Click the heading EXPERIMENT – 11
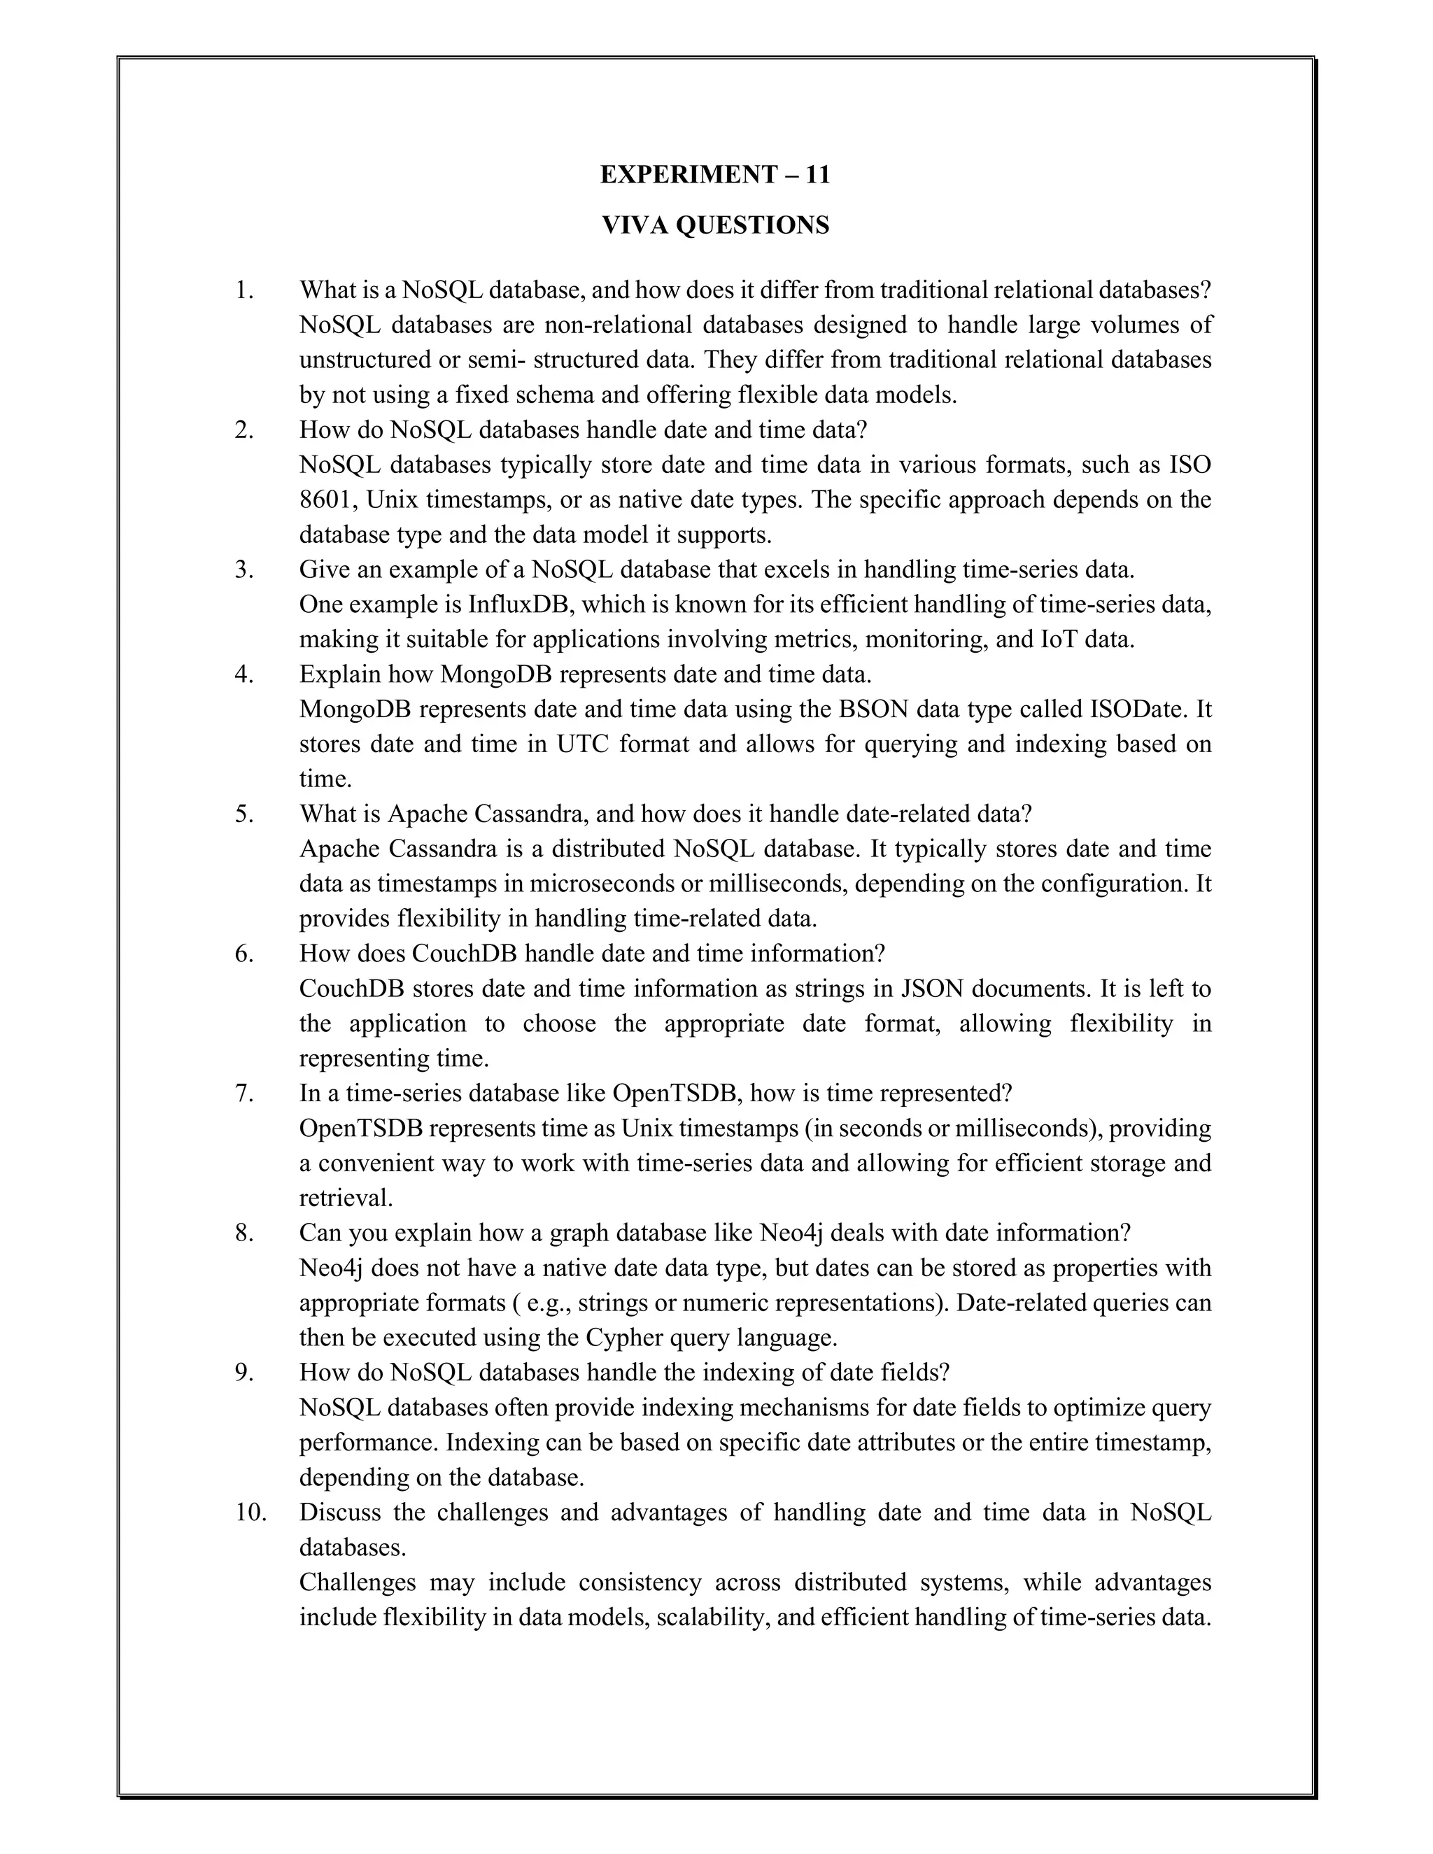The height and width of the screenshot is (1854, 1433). [715, 174]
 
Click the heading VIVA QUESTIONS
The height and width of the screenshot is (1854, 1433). [715, 225]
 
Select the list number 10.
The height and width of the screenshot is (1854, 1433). [250, 1512]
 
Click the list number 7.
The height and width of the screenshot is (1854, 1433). [244, 1094]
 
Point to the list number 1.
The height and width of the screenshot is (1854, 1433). [244, 290]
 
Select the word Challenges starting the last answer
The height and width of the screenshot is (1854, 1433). [358, 1583]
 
